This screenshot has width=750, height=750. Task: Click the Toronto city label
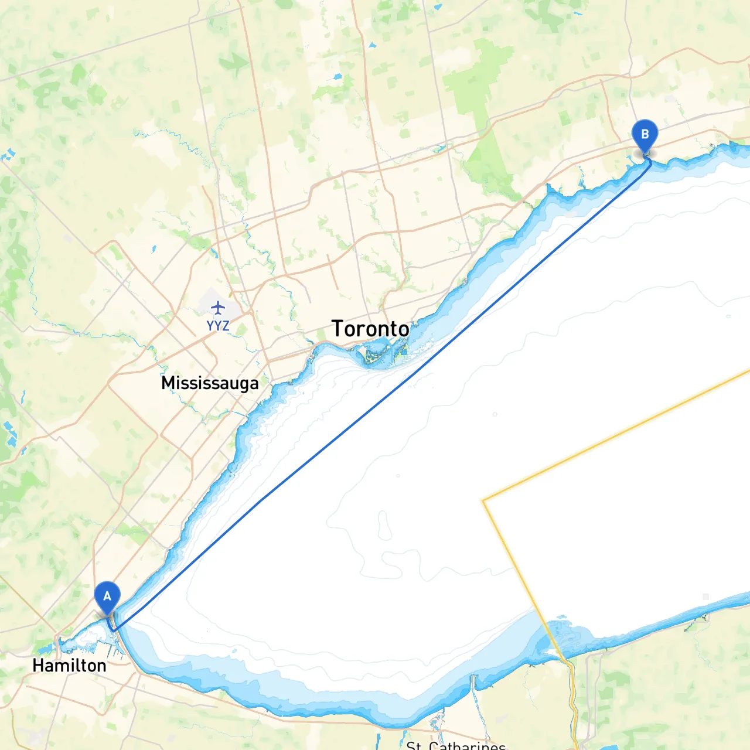[x=370, y=329]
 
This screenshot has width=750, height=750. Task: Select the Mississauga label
[x=210, y=383]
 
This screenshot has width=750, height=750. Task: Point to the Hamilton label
[x=69, y=666]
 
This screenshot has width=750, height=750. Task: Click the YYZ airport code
[x=218, y=326]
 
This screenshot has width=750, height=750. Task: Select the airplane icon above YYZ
[x=218, y=307]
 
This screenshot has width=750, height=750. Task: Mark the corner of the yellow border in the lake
[x=483, y=501]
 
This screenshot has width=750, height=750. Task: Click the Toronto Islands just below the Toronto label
[x=375, y=354]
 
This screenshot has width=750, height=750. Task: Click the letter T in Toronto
[x=337, y=329]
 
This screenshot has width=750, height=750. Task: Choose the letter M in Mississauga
[x=168, y=383]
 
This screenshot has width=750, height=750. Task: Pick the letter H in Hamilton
[x=38, y=666]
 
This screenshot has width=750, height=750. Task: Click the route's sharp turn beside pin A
[x=115, y=630]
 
